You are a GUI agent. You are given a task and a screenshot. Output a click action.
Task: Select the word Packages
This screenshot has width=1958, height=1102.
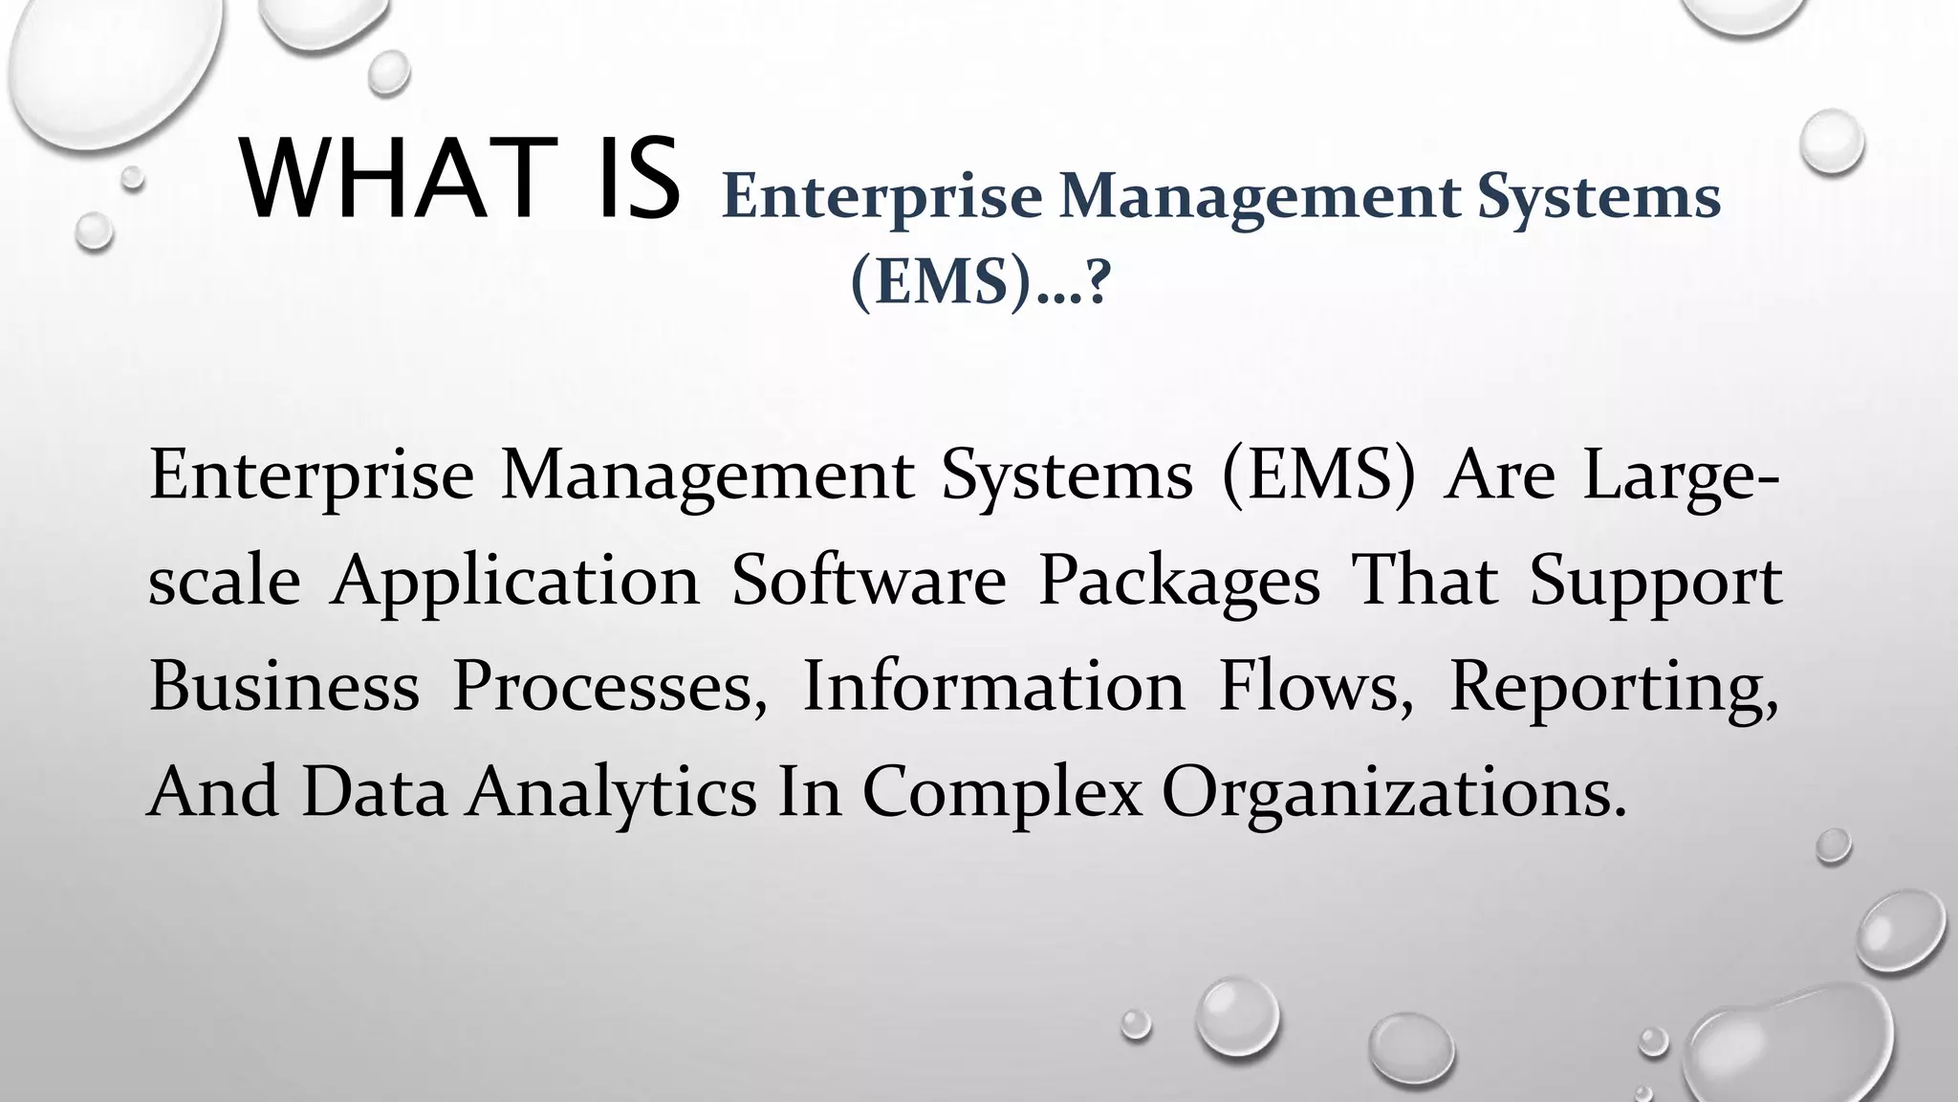coord(1179,584)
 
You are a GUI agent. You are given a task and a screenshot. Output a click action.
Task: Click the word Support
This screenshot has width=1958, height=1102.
coord(1655,584)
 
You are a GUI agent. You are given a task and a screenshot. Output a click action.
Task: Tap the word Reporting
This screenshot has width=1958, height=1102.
coord(1613,689)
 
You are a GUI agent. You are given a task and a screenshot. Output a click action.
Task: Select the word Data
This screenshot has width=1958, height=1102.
coord(374,792)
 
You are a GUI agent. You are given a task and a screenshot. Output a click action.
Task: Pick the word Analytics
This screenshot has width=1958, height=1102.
coord(612,794)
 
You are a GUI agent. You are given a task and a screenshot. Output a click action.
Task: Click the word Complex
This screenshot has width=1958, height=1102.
coord(1002,794)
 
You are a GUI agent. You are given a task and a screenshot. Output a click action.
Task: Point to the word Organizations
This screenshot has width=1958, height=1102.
coord(1393,794)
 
